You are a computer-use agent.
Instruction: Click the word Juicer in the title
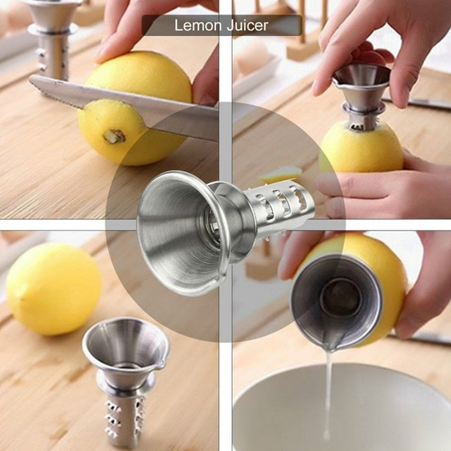point(247,25)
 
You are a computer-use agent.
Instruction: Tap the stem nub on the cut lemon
point(114,137)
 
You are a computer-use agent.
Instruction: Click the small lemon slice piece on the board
point(281,174)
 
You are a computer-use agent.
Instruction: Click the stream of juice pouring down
point(327,391)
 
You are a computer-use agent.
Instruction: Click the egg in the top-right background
point(253,57)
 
